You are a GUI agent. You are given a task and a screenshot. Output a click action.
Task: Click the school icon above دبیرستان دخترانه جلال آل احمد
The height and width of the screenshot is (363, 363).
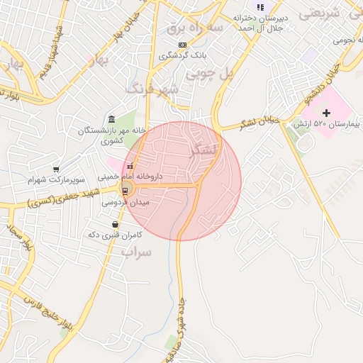click(x=259, y=7)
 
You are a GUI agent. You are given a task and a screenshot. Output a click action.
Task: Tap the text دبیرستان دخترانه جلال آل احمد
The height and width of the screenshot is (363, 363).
click(x=259, y=23)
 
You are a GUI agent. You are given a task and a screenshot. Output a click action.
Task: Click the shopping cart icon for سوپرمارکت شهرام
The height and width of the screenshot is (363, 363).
click(x=55, y=169)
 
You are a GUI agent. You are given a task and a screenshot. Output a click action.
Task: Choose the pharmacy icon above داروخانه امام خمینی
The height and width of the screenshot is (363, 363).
click(x=130, y=166)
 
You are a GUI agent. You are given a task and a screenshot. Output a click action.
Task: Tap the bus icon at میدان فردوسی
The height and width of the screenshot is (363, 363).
click(x=125, y=190)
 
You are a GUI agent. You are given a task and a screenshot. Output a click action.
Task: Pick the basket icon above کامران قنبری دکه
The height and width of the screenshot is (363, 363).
click(x=116, y=225)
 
